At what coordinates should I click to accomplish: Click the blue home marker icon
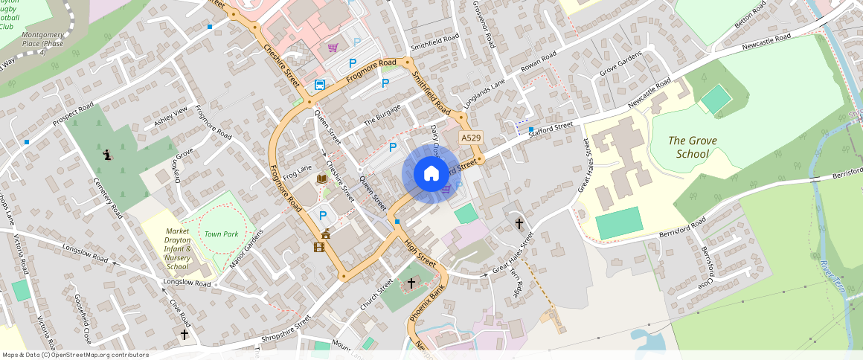coord(431,174)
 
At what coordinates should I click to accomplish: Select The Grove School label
coord(687,147)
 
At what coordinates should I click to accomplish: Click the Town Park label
coord(222,234)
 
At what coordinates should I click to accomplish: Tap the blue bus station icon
coord(319,85)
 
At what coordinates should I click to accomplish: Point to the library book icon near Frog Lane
coord(322,179)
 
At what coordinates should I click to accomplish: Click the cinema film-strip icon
coord(319,247)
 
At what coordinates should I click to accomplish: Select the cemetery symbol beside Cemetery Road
coord(108,155)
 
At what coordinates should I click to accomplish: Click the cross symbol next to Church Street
coord(410,283)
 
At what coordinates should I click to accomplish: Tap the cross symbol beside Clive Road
coord(185,335)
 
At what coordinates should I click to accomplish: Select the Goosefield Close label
coord(83,318)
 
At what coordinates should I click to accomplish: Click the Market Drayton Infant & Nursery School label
coord(177,249)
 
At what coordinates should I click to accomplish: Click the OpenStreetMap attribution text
coord(76,355)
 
